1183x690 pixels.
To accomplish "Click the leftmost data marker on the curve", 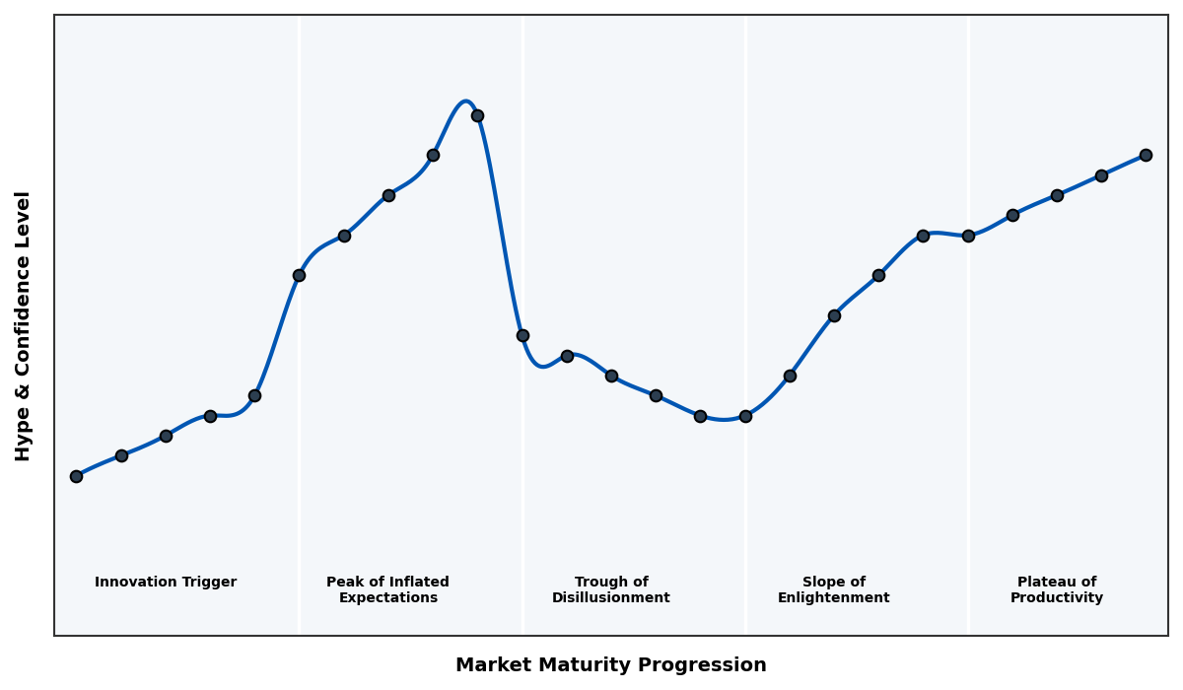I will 76,476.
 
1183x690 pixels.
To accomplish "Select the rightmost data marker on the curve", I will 1146,155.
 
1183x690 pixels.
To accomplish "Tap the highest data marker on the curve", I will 477,115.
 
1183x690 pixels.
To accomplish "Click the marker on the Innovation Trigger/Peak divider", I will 299,275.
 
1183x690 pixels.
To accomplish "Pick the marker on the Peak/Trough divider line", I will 522,335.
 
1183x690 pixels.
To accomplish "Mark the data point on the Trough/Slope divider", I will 745,416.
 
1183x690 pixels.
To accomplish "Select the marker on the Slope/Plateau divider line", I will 968,236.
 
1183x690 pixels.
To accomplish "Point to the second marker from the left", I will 121,455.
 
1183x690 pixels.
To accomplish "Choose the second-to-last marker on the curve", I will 1101,175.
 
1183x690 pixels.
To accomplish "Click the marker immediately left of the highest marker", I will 433,155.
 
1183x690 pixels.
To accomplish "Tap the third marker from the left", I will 166,436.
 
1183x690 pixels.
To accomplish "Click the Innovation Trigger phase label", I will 166,583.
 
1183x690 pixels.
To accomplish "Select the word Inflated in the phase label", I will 415,583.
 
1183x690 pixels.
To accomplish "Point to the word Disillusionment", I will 611,598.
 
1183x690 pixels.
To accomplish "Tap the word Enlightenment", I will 834,598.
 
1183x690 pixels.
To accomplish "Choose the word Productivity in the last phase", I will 1057,598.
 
